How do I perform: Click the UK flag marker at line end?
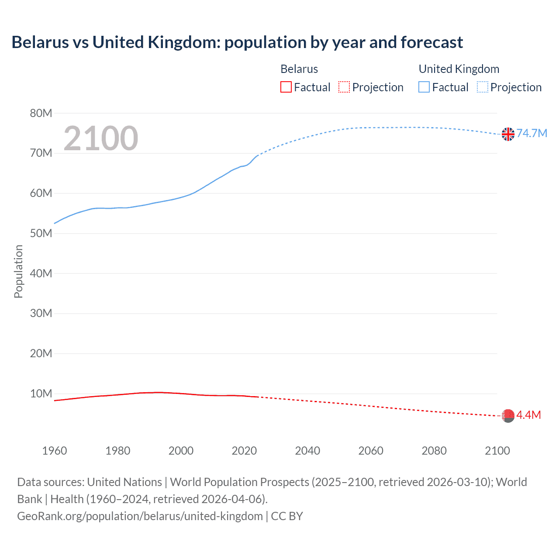(508, 134)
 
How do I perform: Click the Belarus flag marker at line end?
(508, 416)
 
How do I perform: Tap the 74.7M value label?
(531, 133)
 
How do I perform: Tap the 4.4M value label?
(528, 415)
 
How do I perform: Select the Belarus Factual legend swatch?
(286, 87)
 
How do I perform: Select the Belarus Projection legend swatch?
(344, 87)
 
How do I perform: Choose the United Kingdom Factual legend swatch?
(424, 87)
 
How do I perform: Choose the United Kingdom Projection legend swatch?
(483, 87)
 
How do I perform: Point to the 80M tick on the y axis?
(41, 114)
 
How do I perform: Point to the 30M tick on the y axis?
(41, 314)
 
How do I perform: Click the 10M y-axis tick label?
(41, 393)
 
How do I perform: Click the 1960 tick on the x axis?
(55, 451)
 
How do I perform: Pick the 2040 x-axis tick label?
(307, 451)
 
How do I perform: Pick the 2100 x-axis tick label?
(497, 451)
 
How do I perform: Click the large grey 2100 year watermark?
(101, 138)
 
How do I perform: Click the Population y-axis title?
(18, 271)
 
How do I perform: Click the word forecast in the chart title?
(431, 42)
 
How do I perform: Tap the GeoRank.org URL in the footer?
(140, 516)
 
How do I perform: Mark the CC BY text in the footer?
(287, 516)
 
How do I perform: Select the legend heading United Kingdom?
(459, 69)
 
